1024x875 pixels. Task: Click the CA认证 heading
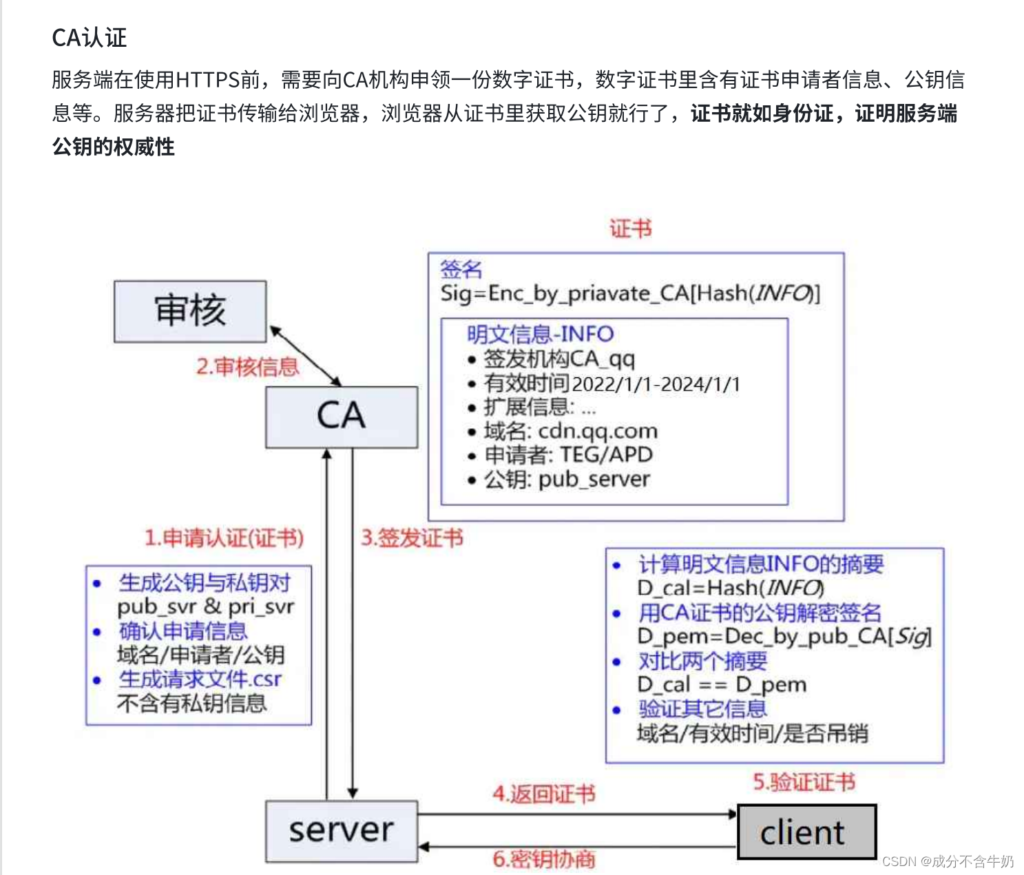pyautogui.click(x=90, y=37)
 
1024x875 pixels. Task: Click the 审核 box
pyautogui.click(x=190, y=311)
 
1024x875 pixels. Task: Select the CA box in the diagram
pyautogui.click(x=342, y=417)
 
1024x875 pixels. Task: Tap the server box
pyautogui.click(x=342, y=830)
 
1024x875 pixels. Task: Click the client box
pyautogui.click(x=806, y=832)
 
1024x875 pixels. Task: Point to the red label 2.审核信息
pyautogui.click(x=247, y=366)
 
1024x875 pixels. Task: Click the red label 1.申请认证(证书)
pyautogui.click(x=224, y=538)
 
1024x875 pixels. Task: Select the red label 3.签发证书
pyautogui.click(x=412, y=538)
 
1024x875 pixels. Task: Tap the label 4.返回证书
pyautogui.click(x=543, y=794)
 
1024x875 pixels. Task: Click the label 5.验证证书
pyautogui.click(x=804, y=782)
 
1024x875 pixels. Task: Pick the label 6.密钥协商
pyautogui.click(x=543, y=858)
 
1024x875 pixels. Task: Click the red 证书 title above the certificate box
pyautogui.click(x=630, y=229)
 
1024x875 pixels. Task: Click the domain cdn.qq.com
pyautogui.click(x=597, y=432)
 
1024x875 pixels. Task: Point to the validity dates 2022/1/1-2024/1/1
pyautogui.click(x=656, y=384)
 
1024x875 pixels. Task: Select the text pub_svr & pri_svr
pyautogui.click(x=205, y=607)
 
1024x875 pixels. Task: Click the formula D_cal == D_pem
pyautogui.click(x=721, y=685)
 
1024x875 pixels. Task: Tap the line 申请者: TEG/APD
pyautogui.click(x=568, y=455)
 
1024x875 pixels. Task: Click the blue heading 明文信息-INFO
pyautogui.click(x=540, y=335)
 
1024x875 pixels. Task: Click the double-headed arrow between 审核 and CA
pyautogui.click(x=304, y=355)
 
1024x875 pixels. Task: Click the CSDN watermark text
pyautogui.click(x=947, y=861)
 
